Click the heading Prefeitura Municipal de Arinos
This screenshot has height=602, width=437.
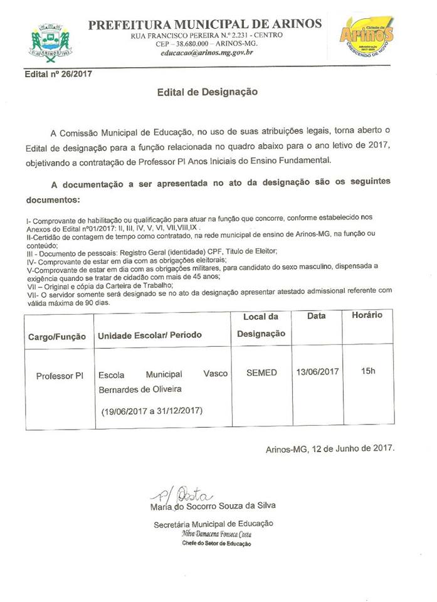point(205,24)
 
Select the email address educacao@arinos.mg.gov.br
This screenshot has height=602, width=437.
point(205,53)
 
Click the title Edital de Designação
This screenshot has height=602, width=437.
point(207,92)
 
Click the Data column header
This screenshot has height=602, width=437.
point(316,316)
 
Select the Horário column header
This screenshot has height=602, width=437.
point(367,315)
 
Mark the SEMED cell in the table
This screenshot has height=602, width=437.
point(261,372)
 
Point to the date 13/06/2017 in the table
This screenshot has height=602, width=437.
point(317,372)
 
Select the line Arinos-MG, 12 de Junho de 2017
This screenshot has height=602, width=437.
point(329,449)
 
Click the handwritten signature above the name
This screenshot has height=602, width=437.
point(182,493)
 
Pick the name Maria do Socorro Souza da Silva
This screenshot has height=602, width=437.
point(213,505)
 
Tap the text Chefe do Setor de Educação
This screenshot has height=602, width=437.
point(216,544)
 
